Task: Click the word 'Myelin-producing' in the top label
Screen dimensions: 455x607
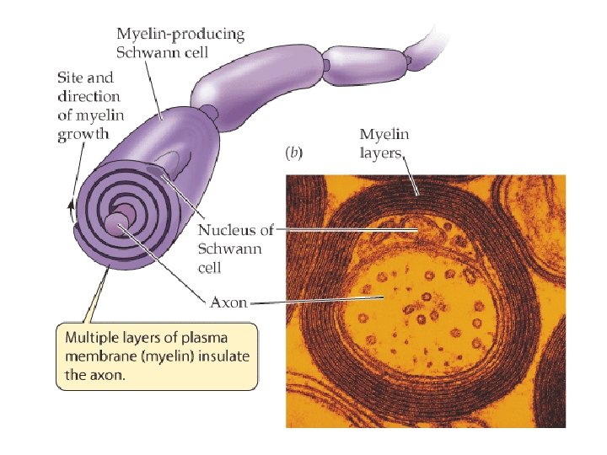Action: pos(180,35)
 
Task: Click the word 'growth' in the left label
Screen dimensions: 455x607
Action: pos(83,133)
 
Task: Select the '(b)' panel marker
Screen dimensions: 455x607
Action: pos(294,153)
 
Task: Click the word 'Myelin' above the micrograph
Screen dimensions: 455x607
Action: pos(384,134)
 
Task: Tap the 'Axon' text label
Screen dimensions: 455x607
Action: pos(228,302)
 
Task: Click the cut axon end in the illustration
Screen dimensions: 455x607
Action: pos(115,223)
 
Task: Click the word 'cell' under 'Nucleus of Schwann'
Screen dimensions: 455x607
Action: pos(210,267)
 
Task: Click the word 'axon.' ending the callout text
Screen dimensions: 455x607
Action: pos(106,376)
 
